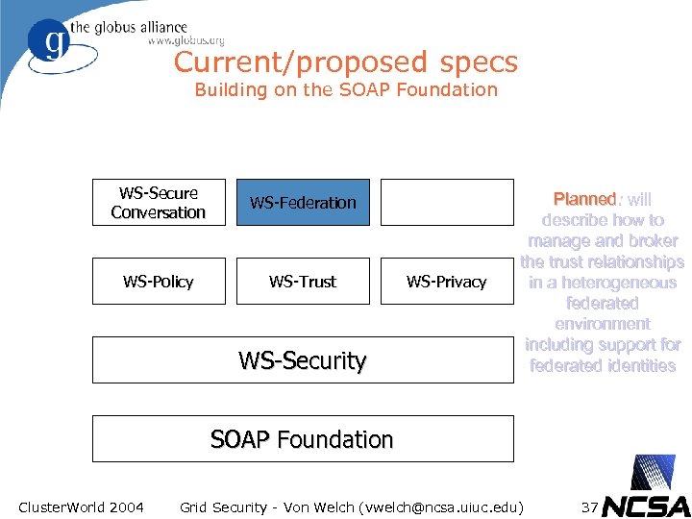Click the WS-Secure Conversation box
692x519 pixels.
coord(159,203)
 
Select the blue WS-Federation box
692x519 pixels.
coord(303,203)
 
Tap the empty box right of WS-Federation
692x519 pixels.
coord(447,203)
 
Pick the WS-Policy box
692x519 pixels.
coord(159,282)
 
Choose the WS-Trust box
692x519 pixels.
coord(303,282)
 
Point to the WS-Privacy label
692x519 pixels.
coord(447,282)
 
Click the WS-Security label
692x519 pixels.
coord(303,361)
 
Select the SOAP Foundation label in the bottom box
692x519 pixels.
coord(303,439)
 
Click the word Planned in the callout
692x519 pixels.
coord(584,199)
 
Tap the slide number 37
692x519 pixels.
coord(591,507)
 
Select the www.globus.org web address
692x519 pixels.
coord(185,41)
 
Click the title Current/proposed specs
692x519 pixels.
coord(346,62)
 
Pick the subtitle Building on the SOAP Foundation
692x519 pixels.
coord(346,90)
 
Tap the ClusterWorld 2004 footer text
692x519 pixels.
coord(82,507)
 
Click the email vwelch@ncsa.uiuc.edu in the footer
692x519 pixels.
coord(440,507)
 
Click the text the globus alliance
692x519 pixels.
coord(140,27)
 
